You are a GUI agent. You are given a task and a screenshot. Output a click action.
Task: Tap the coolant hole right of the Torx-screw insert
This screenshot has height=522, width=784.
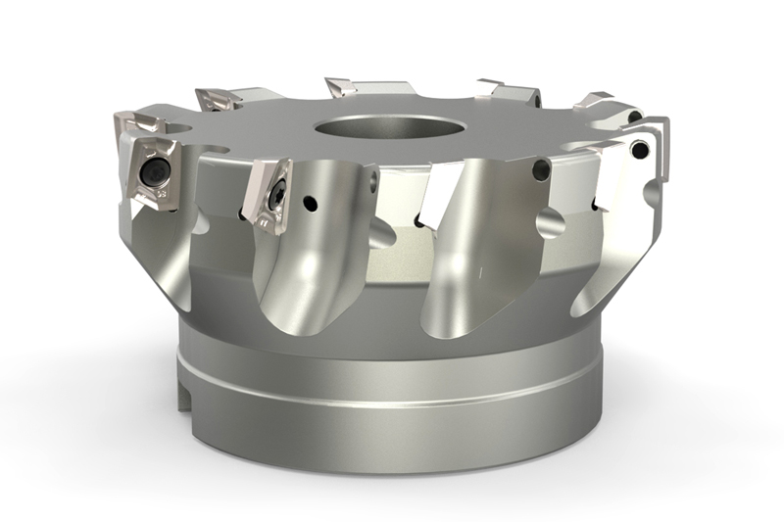(x=309, y=205)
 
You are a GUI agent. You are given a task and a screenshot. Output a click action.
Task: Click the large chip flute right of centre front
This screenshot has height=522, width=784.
(x=461, y=264)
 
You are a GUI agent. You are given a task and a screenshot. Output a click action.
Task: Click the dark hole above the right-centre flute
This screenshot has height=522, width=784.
(x=542, y=169)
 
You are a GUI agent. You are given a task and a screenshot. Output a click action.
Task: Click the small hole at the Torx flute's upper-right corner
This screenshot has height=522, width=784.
(x=374, y=176)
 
